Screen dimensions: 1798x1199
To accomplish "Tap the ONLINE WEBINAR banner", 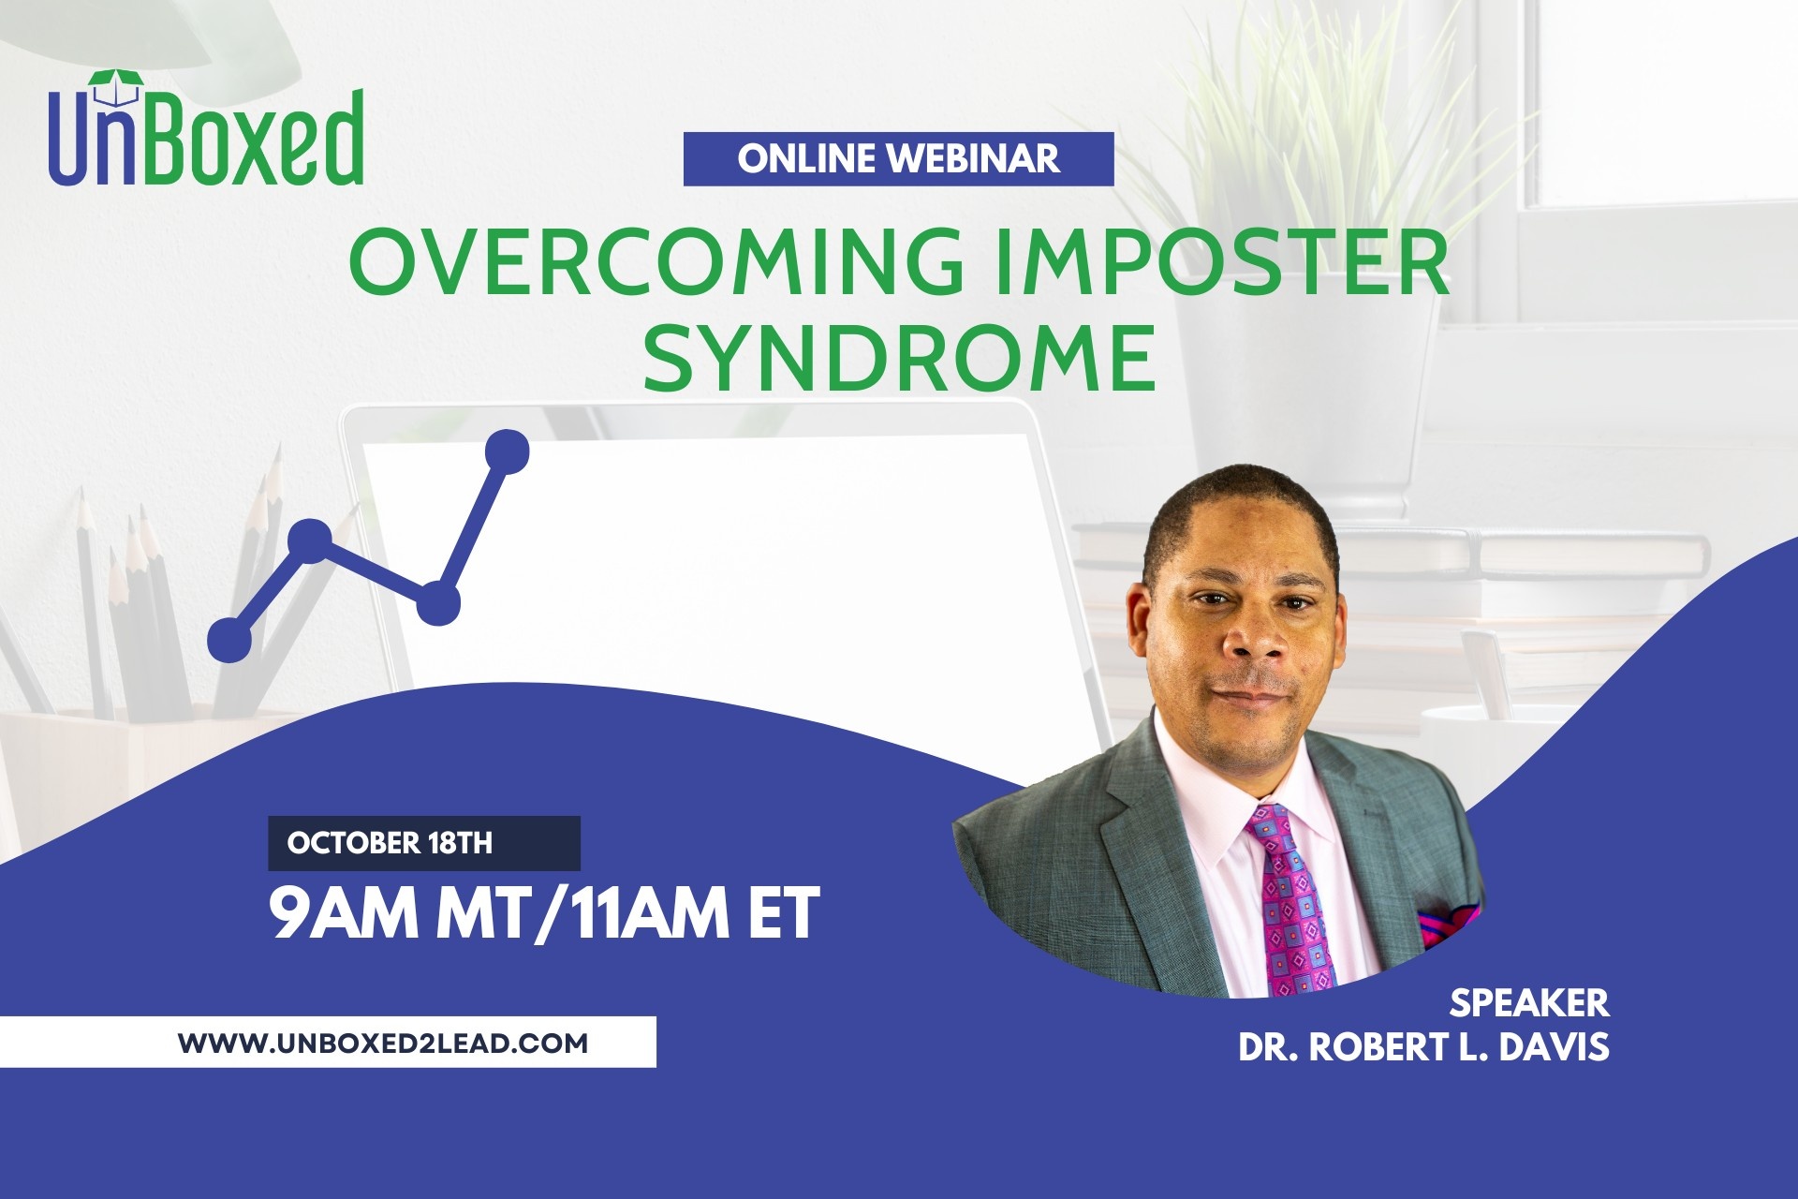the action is pyautogui.click(x=898, y=159).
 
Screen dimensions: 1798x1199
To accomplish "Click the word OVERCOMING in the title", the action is pyautogui.click(x=656, y=261).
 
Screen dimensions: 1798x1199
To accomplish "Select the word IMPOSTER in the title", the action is pyautogui.click(x=1223, y=261).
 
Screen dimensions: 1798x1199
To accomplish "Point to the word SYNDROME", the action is pyautogui.click(x=900, y=357).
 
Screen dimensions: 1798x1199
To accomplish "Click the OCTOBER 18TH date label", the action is pyautogui.click(x=390, y=843).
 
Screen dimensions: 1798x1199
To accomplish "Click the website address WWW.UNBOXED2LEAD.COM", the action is pyautogui.click(x=383, y=1043).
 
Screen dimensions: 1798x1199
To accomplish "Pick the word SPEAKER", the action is pyautogui.click(x=1529, y=1003).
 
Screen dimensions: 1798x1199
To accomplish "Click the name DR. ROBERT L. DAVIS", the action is pyautogui.click(x=1423, y=1047).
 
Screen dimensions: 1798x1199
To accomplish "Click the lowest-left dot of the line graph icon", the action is pyautogui.click(x=229, y=641).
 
